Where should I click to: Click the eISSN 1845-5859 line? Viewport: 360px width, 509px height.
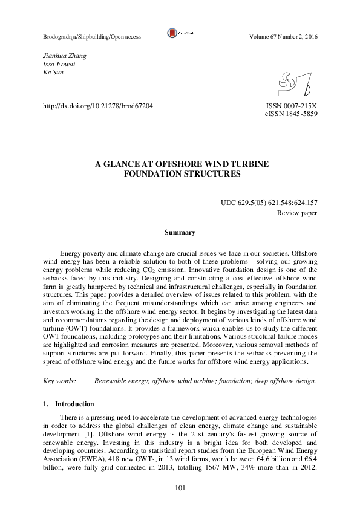point(291,114)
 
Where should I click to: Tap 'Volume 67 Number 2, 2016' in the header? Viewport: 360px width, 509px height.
point(283,37)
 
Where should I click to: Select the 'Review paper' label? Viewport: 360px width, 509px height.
point(297,213)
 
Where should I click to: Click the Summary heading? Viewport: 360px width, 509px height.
point(180,232)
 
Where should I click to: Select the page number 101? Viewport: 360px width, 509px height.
point(180,488)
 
